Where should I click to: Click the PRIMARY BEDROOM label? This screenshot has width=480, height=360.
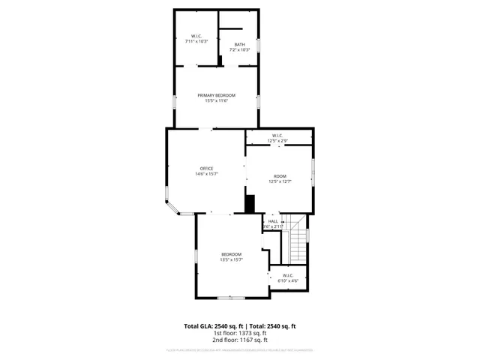[x=216, y=95]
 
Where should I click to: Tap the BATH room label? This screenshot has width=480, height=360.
[x=239, y=44]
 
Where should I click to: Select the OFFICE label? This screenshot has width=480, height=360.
[x=206, y=168]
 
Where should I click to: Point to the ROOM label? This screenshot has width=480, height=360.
[x=280, y=175]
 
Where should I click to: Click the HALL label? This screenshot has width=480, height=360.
[x=273, y=221]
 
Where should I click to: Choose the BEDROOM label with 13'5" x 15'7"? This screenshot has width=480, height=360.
[x=231, y=254]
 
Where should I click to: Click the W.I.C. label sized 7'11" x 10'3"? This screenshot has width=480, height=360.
[x=196, y=36]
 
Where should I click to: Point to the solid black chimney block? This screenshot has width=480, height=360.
[x=250, y=203]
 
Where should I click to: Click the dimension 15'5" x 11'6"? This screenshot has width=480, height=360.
[x=216, y=101]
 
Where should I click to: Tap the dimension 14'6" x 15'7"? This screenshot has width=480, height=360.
[x=206, y=174]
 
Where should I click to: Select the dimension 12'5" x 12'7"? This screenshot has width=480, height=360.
[x=280, y=181]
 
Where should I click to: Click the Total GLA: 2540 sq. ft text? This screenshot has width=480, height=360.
[x=212, y=326]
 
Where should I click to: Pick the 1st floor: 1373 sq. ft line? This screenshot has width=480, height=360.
[x=240, y=334]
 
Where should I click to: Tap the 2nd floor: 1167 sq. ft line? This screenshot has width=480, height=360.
[x=240, y=340]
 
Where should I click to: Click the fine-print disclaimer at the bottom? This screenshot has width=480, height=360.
[x=240, y=350]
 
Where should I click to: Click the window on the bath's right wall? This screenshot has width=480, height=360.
[x=259, y=45]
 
